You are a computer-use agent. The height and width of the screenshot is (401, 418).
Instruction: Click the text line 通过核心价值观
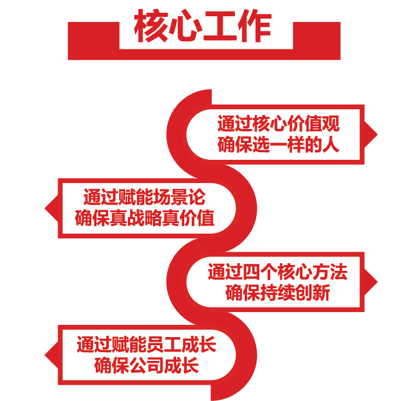pyautogui.click(x=278, y=124)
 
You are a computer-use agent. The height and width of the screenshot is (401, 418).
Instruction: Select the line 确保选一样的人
pyautogui.click(x=278, y=144)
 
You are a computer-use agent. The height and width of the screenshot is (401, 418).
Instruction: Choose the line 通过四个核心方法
pyautogui.click(x=277, y=271)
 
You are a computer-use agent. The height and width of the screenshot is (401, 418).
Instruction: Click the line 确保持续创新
pyautogui.click(x=277, y=292)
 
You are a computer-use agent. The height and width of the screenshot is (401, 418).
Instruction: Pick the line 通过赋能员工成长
pyautogui.click(x=146, y=345)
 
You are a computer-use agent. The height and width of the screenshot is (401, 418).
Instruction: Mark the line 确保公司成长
pyautogui.click(x=146, y=366)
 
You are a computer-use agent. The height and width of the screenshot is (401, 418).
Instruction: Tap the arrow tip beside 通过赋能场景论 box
pyautogui.click(x=48, y=207)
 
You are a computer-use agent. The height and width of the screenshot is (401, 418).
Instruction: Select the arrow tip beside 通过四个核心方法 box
pyautogui.click(x=374, y=282)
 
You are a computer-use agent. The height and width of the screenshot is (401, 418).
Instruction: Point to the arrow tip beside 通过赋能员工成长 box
pyautogui.click(x=48, y=355)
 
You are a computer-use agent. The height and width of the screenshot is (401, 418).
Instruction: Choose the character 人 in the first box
pyautogui.click(x=331, y=144)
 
